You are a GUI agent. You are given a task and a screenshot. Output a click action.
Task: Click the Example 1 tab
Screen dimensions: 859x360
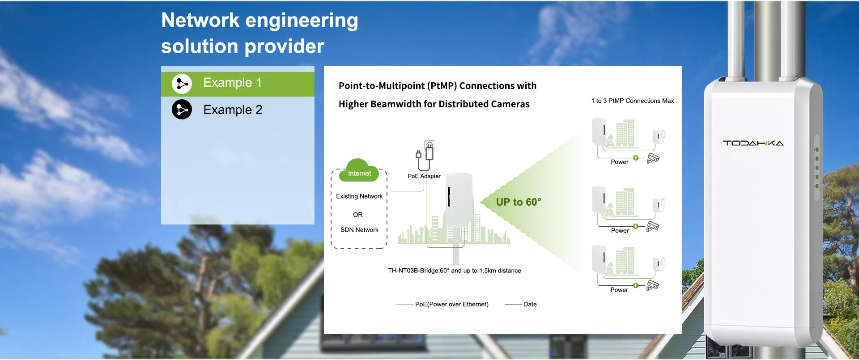[x=238, y=84]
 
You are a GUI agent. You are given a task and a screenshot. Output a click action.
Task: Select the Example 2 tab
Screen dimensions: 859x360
[x=238, y=110]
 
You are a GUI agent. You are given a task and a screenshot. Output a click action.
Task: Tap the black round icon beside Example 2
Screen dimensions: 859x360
[x=182, y=110]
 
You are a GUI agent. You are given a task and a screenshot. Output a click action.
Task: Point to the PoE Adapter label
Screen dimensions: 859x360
[x=424, y=176]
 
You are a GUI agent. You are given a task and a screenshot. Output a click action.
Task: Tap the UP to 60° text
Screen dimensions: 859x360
[x=519, y=202]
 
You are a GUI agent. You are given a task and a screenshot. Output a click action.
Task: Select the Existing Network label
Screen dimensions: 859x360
[x=359, y=196]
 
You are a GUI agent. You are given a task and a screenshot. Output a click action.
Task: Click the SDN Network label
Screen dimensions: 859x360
[x=359, y=230]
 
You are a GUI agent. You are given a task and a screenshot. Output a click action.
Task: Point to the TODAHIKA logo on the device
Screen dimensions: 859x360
[x=753, y=143]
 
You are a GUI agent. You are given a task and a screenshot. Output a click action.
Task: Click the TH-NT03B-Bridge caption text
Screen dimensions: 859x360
[x=455, y=271]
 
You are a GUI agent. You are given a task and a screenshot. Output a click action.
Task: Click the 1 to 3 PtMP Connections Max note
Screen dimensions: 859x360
[x=633, y=101]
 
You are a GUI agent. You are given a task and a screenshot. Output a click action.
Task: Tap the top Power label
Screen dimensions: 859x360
[x=620, y=162]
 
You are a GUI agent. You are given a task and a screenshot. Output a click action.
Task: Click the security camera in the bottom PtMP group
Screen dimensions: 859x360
[x=653, y=285]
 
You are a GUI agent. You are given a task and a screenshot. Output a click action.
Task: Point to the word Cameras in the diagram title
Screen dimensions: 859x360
[x=510, y=104]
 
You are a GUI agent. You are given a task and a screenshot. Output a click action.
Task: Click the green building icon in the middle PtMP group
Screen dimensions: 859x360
[x=625, y=202]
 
